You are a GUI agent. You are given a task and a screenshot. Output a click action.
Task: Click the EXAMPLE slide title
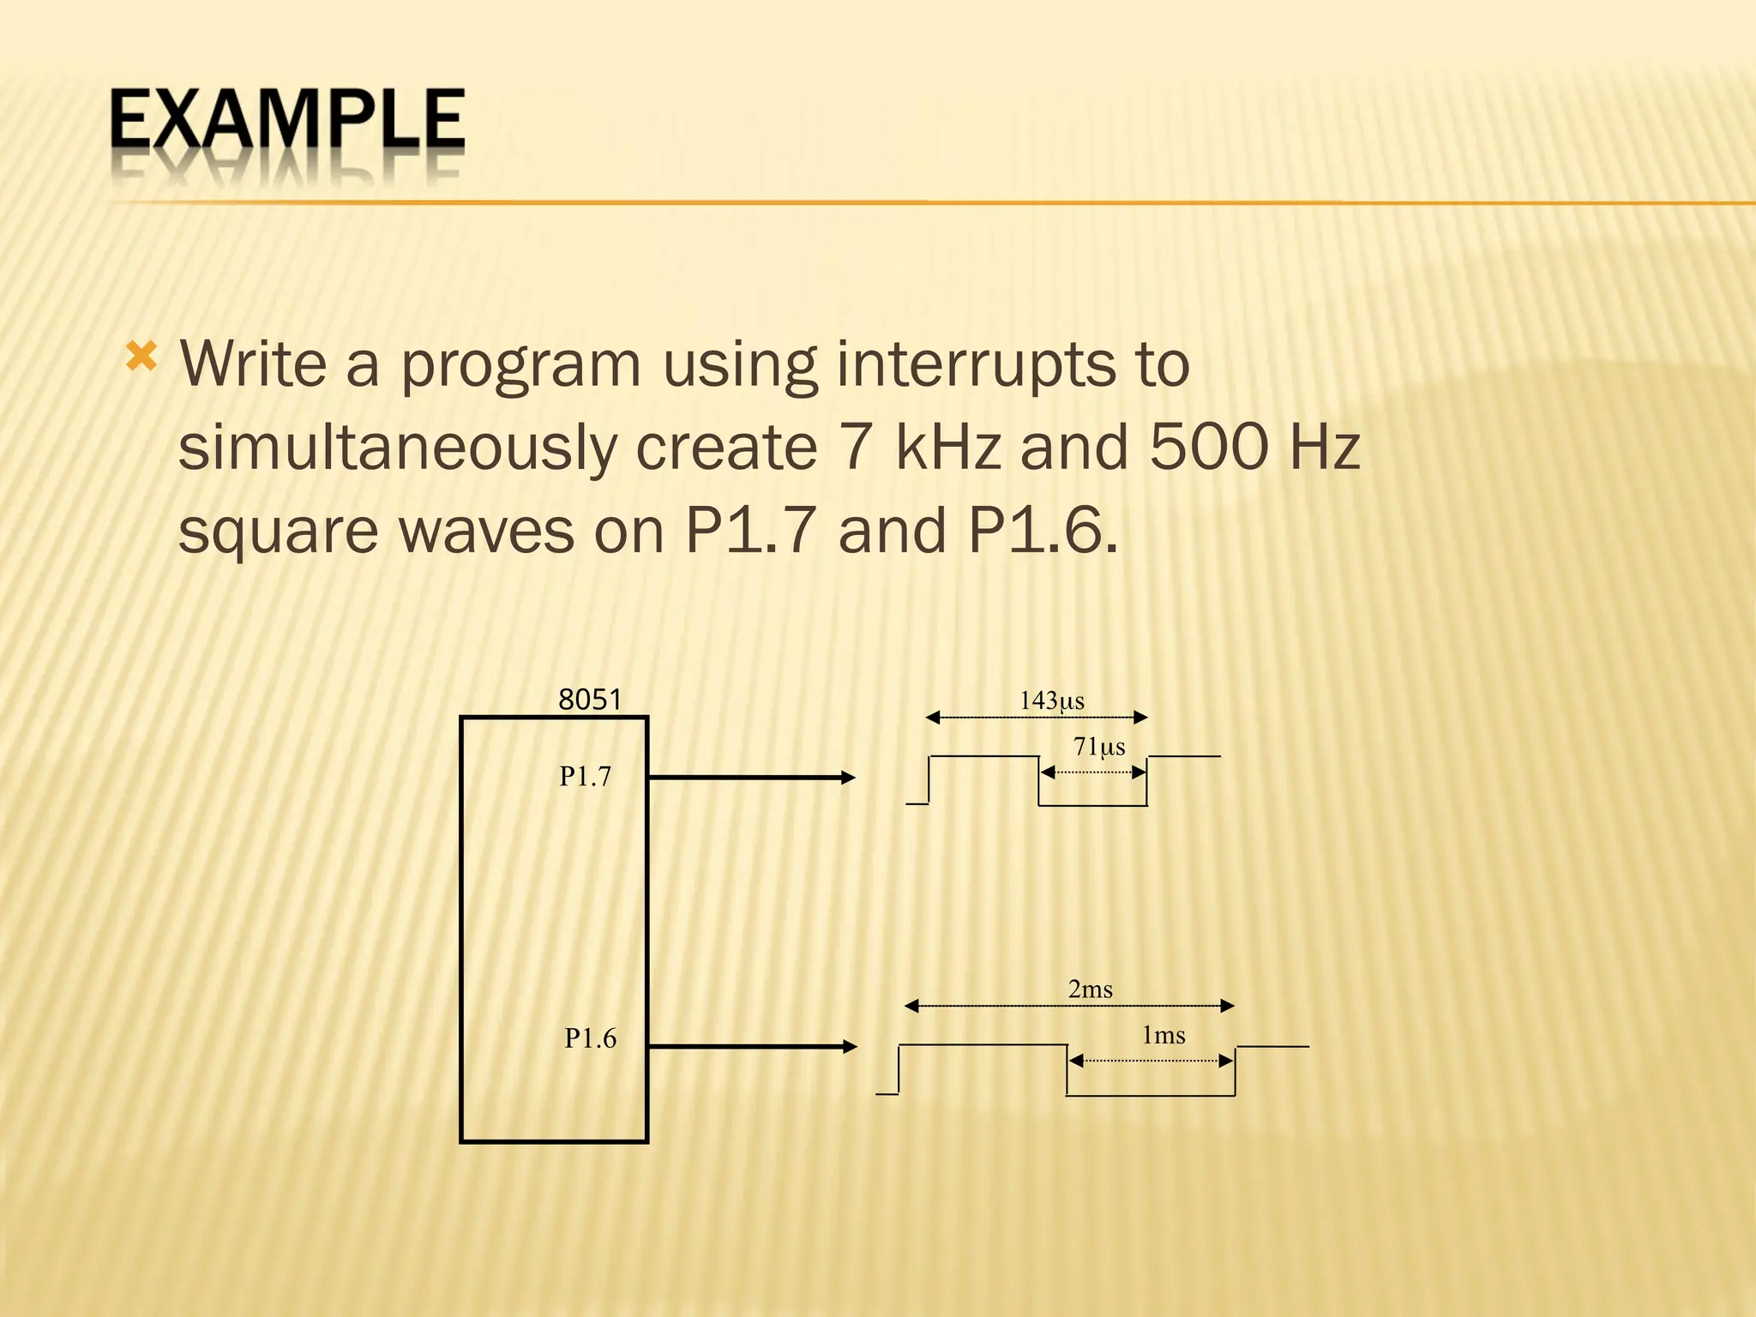[286, 121]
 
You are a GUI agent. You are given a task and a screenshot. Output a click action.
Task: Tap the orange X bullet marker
[141, 356]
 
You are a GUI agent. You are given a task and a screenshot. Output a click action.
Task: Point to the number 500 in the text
[1207, 447]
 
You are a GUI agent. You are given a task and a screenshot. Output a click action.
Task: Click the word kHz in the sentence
[948, 447]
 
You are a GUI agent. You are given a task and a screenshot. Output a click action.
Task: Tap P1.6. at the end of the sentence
[1043, 530]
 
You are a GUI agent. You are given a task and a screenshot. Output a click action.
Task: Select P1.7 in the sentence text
[750, 530]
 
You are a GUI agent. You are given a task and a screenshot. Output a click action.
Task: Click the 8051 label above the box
[589, 700]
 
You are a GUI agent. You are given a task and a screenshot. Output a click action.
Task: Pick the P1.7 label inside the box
[585, 777]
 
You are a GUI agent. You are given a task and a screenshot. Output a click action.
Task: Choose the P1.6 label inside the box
[590, 1038]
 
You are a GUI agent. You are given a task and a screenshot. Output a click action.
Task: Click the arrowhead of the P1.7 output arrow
[848, 778]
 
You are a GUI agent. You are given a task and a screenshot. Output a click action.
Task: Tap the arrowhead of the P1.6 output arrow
[849, 1046]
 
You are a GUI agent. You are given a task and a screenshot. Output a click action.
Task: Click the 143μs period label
[1051, 701]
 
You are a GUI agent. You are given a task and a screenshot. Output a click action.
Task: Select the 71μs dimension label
[1098, 747]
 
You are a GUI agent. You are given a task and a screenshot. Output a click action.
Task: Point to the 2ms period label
[1090, 989]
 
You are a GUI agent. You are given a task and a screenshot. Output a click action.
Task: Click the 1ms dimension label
[1163, 1036]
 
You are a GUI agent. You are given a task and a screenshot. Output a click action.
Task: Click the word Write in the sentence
[253, 364]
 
